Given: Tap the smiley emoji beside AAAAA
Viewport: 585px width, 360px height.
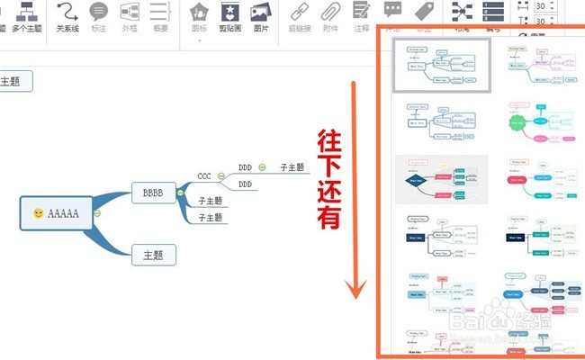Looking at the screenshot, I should pos(38,213).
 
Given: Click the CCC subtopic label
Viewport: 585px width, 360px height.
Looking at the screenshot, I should pos(204,175).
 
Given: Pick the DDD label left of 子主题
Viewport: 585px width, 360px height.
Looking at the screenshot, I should pos(245,167).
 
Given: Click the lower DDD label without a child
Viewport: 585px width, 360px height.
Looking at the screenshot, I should pos(245,184).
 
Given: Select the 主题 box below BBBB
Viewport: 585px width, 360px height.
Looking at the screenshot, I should pos(153,255).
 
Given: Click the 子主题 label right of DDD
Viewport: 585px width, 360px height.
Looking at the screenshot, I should pos(292,167).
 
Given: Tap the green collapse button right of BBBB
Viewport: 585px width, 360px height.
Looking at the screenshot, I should pos(180,193).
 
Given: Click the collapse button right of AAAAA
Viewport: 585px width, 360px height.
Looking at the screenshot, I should pos(96,213).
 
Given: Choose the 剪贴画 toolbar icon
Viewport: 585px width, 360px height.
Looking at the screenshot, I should pos(231,15).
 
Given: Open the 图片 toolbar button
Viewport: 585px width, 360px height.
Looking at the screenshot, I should pos(261,15).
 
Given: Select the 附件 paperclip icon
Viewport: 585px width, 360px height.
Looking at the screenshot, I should pos(330,15).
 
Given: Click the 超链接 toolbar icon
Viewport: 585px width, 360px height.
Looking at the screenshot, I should pos(301,15).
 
